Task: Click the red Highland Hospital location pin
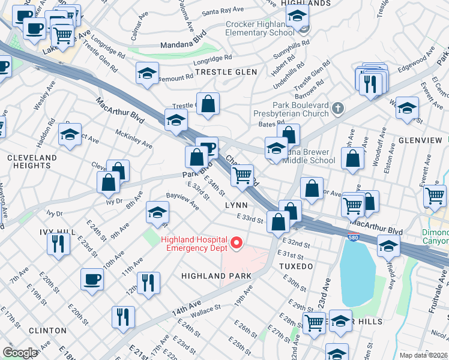(x=237, y=243)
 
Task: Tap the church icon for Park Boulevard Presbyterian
(x=339, y=109)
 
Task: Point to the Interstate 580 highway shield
(x=352, y=238)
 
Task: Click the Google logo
(x=20, y=353)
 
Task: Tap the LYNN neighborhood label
(x=236, y=205)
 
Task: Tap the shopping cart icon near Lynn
(x=242, y=176)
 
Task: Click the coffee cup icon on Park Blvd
(x=207, y=148)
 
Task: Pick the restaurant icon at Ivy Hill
(x=58, y=244)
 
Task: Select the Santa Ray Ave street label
(x=223, y=11)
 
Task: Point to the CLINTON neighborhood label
(x=47, y=331)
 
